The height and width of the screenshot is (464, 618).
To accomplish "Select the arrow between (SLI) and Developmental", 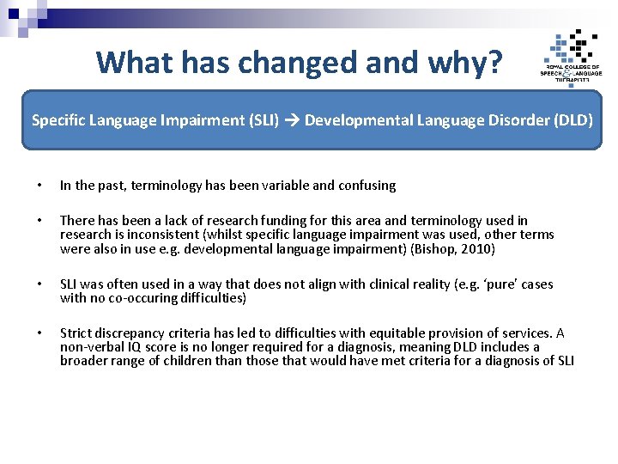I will pos(292,120).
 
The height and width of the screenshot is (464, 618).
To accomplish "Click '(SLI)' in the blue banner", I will pos(263,120).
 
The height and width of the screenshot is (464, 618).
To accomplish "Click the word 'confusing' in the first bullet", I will pos(367,186).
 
